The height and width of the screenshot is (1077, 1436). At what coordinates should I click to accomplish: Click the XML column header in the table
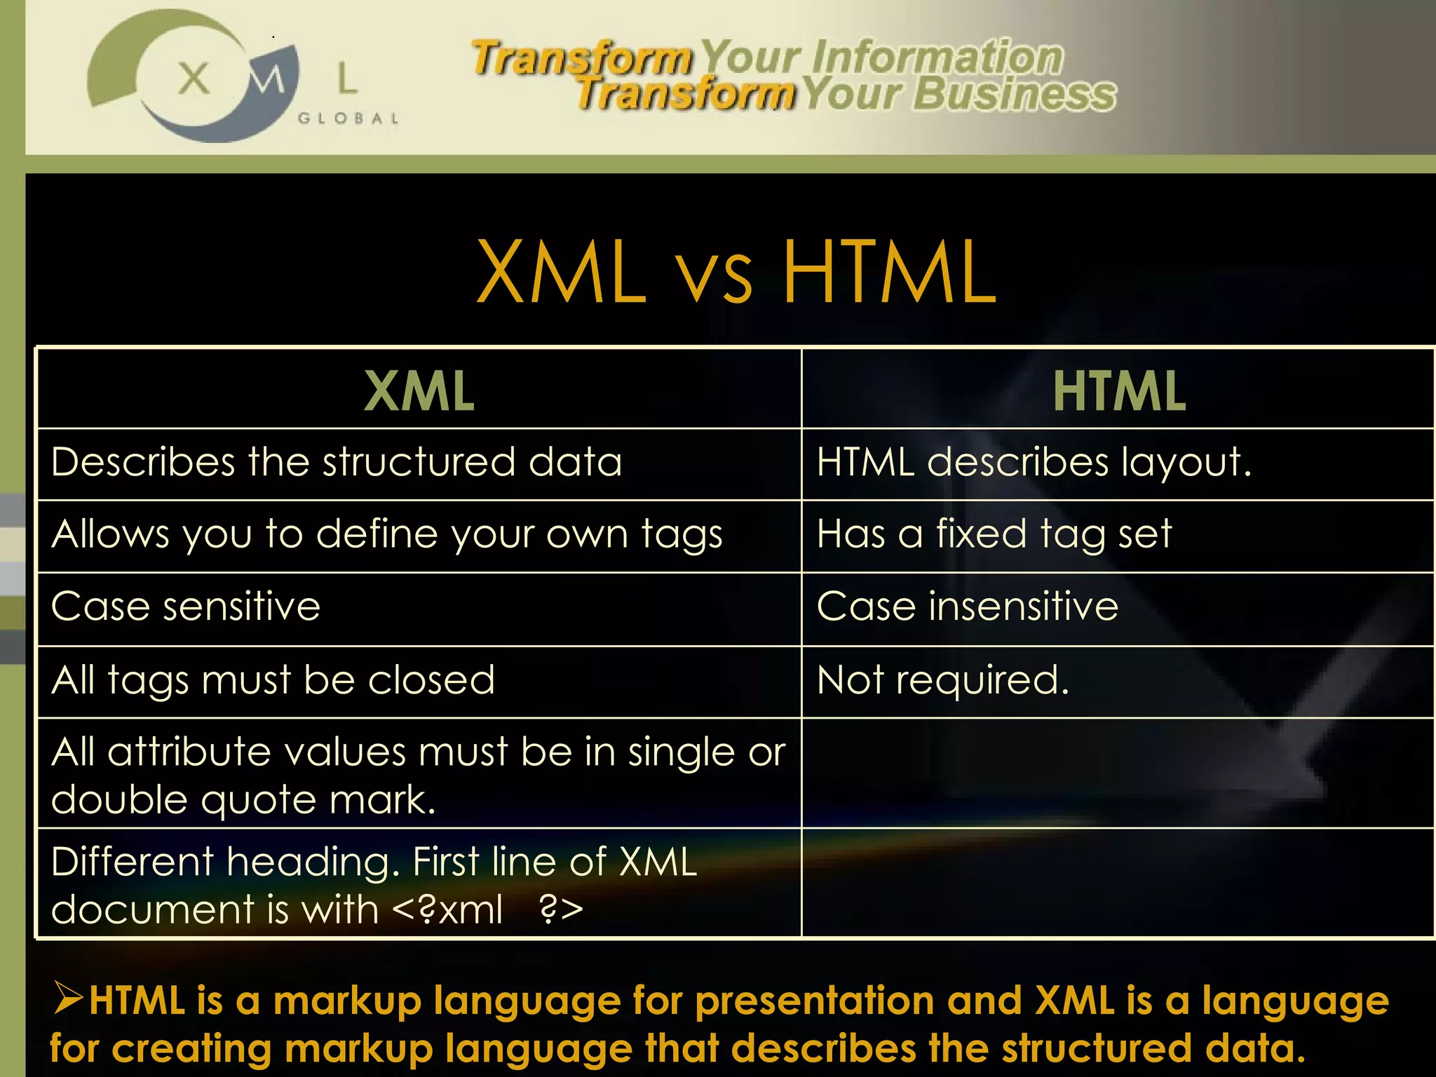[x=419, y=391]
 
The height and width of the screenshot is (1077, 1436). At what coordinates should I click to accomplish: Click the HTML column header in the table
[x=1119, y=391]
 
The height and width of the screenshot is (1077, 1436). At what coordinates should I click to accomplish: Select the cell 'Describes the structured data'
[x=337, y=463]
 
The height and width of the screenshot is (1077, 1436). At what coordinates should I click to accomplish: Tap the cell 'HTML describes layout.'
[x=1034, y=463]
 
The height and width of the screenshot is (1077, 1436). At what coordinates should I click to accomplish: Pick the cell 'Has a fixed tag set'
[x=994, y=534]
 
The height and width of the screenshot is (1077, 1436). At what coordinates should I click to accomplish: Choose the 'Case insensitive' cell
[x=967, y=607]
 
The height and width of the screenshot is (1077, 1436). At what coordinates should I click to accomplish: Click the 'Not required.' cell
[x=942, y=680]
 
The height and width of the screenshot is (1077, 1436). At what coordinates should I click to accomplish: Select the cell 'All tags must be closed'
[x=273, y=680]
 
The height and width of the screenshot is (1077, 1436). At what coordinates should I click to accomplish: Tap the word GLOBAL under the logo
[x=348, y=118]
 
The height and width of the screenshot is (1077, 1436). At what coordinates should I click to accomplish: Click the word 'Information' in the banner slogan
[x=937, y=57]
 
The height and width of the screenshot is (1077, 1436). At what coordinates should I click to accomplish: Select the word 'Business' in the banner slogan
[x=1014, y=94]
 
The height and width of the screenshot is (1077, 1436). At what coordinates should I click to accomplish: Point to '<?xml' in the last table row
[x=447, y=910]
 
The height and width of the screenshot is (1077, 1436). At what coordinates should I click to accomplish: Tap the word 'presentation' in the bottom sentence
[x=814, y=1001]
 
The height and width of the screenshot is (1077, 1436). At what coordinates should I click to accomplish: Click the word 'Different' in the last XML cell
[x=132, y=862]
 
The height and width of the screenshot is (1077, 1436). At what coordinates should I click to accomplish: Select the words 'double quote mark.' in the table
[x=243, y=800]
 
